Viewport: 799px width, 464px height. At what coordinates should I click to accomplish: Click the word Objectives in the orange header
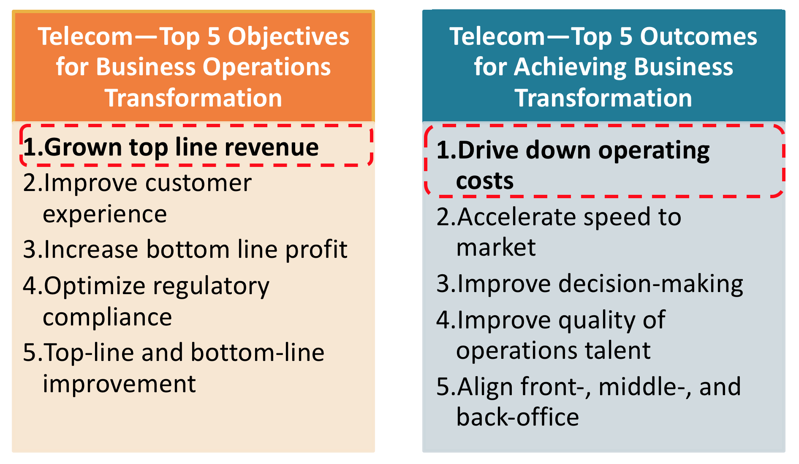click(288, 37)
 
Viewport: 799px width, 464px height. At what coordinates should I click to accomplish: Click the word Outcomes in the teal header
click(698, 36)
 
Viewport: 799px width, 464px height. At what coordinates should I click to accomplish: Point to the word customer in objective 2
click(198, 183)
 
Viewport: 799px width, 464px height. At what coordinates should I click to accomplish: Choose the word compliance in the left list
click(107, 317)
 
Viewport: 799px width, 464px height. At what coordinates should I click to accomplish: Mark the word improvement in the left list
click(120, 384)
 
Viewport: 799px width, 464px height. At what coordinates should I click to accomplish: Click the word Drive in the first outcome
click(488, 150)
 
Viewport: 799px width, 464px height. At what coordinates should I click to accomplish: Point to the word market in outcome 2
click(496, 247)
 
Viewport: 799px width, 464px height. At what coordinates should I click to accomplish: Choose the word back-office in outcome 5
click(518, 418)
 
